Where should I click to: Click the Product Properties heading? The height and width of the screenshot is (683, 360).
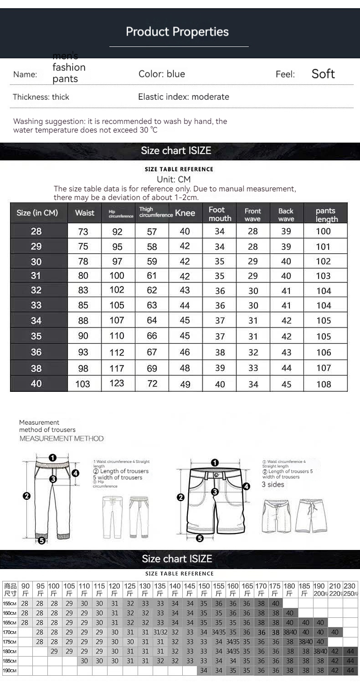[177, 32]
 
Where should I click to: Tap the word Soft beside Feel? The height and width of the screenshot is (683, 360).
[323, 74]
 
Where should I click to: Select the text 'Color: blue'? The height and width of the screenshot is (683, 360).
[162, 74]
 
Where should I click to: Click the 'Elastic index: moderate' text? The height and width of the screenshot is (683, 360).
[184, 97]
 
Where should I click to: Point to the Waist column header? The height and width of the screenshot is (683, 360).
[85, 213]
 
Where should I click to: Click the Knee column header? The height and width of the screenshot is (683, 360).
[185, 213]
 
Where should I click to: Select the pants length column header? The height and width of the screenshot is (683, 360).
[326, 215]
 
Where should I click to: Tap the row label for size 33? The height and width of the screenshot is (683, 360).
[36, 305]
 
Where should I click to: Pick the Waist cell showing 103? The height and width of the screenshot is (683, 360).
[82, 384]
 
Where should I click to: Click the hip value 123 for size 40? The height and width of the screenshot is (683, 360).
[117, 383]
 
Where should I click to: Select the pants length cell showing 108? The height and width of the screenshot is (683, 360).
[324, 384]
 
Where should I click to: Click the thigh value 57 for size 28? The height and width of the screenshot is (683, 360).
[152, 231]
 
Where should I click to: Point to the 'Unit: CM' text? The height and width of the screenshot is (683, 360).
[174, 180]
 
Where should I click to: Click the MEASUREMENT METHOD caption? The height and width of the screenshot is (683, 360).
[62, 438]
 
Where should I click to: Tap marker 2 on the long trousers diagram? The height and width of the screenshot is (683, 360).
[27, 496]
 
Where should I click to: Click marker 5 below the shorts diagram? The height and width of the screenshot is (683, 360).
[200, 539]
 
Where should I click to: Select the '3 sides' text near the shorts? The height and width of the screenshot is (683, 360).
[273, 484]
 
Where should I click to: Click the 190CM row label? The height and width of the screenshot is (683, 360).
[10, 670]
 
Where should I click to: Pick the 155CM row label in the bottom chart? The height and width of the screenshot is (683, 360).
[10, 603]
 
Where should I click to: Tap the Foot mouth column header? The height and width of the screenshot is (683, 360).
[220, 214]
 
